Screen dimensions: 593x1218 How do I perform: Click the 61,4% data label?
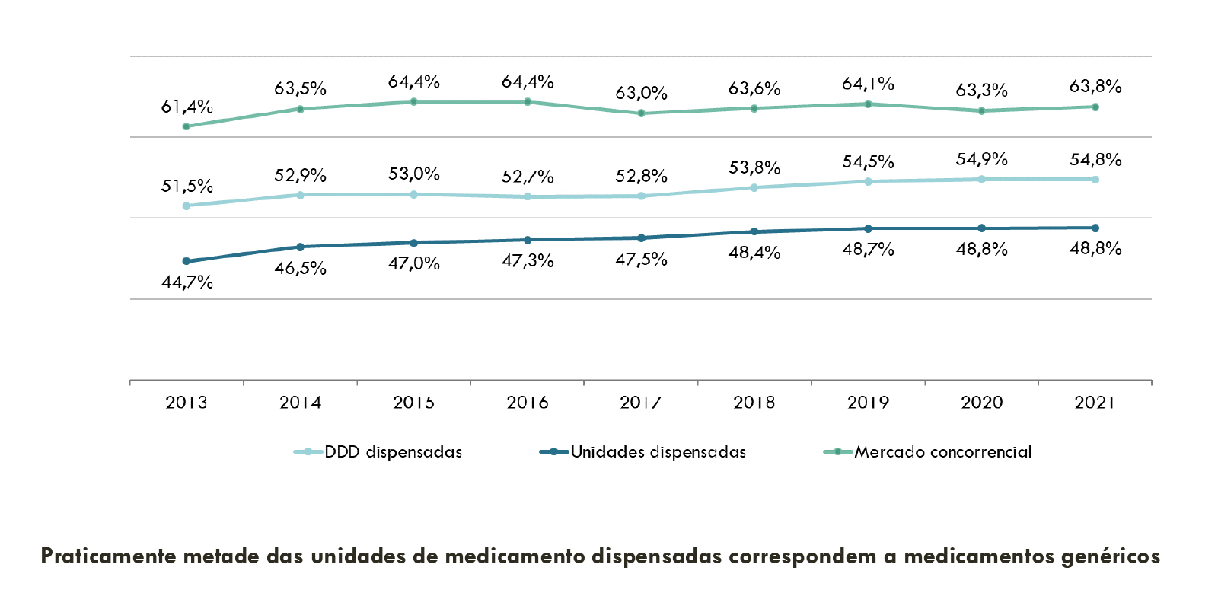[x=187, y=107]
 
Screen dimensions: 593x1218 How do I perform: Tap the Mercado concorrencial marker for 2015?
[x=413, y=101]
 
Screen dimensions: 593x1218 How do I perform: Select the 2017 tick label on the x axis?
[x=641, y=403]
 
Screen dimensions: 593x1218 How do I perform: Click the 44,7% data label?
[x=187, y=282]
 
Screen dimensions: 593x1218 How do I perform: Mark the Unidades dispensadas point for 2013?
[x=187, y=261]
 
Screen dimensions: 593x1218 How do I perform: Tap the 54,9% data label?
[x=982, y=159]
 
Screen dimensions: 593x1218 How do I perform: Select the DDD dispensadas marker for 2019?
[x=868, y=181]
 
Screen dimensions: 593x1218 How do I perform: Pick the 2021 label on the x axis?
[x=1095, y=403]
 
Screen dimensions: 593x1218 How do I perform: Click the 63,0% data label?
[x=641, y=94]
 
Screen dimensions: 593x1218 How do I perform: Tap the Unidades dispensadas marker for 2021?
[x=1095, y=228]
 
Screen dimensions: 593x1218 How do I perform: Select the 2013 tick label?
[x=187, y=403]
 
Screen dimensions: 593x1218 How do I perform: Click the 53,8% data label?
[x=754, y=167]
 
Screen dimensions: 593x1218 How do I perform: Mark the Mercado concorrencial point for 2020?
[x=982, y=111]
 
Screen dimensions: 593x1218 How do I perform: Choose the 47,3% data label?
[x=528, y=261]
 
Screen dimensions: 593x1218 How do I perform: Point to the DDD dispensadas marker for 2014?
[x=300, y=195]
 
